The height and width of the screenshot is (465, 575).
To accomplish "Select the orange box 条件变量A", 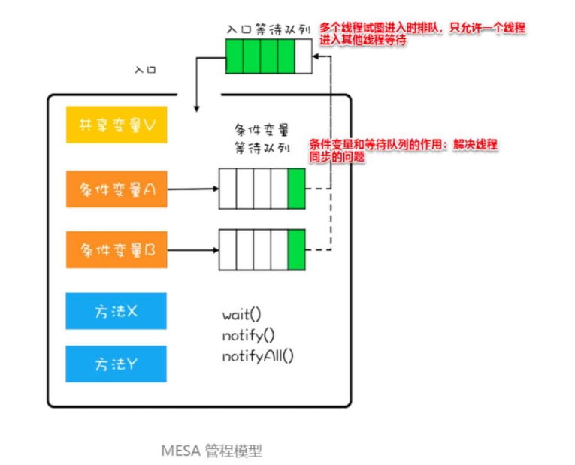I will [117, 189].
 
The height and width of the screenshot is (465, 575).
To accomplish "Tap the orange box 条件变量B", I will [117, 249].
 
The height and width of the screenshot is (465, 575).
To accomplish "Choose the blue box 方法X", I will [117, 311].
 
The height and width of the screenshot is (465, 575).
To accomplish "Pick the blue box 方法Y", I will [117, 364].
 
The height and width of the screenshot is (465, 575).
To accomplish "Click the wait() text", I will [241, 315].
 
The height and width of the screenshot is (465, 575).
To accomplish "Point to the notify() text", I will [248, 335].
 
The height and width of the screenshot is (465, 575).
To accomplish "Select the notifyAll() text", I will [258, 355].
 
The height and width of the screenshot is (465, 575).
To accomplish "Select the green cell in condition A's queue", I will [296, 188].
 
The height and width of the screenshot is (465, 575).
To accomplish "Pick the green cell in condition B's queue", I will [296, 248].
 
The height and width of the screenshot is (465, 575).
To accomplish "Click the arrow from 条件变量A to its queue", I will [192, 189].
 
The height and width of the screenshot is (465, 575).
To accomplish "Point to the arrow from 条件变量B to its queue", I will [192, 249].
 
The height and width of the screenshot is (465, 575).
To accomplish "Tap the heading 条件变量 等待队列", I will [262, 137].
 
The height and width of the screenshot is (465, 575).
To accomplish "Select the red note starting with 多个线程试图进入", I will [421, 34].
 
